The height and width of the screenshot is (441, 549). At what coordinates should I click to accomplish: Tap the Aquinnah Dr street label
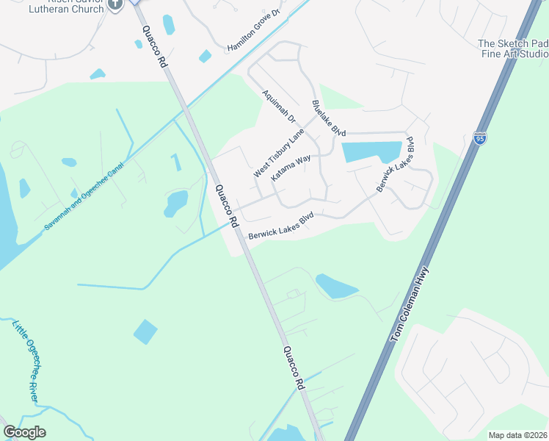click(x=278, y=107)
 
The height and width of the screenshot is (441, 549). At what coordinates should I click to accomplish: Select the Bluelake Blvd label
click(x=328, y=118)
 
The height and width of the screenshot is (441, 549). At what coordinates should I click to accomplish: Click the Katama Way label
click(x=291, y=168)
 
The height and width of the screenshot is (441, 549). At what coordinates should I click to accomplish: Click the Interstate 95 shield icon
click(x=479, y=138)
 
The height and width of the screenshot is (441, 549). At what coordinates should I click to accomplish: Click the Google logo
click(x=24, y=432)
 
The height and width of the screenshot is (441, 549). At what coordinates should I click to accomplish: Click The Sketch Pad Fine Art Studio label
click(x=513, y=49)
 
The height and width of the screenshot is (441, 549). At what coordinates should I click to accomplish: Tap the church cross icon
click(x=114, y=4)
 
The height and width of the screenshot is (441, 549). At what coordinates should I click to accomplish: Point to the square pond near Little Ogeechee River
click(x=145, y=332)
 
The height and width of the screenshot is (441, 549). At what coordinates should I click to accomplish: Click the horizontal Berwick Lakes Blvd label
click(x=280, y=226)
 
